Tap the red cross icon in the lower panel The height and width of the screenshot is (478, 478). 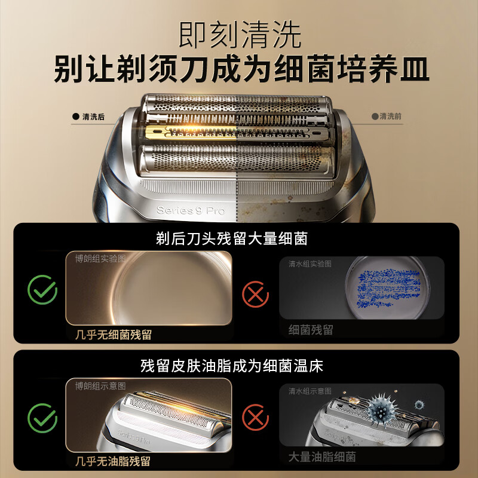pos(256,418)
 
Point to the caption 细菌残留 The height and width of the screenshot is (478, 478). pos(311,330)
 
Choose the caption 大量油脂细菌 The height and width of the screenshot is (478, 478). pos(322,457)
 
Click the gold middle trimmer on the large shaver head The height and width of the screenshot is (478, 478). pos(191,131)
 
